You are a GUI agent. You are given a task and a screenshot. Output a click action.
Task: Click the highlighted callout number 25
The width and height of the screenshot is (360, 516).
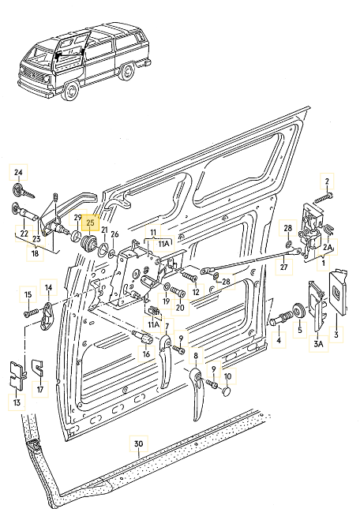click(90, 222)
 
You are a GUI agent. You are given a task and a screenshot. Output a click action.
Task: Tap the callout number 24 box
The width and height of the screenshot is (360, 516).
click(19, 172)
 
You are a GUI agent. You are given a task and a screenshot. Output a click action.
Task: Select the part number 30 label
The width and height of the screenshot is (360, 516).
click(140, 444)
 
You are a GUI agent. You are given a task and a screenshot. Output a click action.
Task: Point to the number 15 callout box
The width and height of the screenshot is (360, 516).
click(28, 294)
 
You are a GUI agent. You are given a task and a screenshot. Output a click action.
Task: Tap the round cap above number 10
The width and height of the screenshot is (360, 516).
click(227, 390)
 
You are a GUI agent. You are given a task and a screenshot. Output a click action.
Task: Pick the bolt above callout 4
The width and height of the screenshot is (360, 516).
click(283, 321)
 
